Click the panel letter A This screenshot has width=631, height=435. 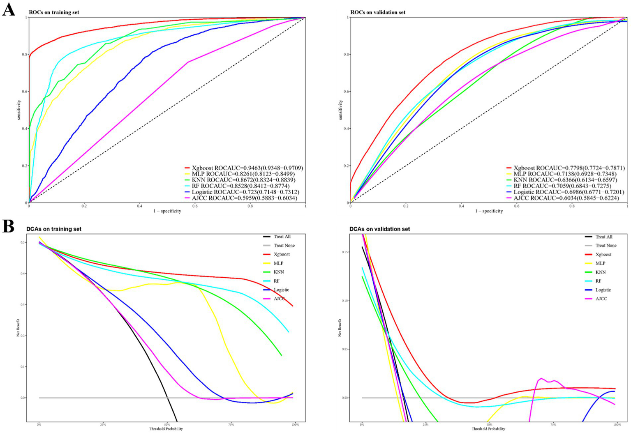pyautogui.click(x=8, y=9)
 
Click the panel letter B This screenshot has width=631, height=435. pyautogui.click(x=8, y=226)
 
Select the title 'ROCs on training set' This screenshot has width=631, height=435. pyautogui.click(x=54, y=12)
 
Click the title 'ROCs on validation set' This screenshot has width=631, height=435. pyautogui.click(x=377, y=12)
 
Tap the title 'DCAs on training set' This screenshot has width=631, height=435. pyautogui.click(x=54, y=229)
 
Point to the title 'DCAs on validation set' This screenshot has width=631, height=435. pyautogui.click(x=379, y=229)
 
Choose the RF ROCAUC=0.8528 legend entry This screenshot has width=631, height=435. pyautogui.click(x=240, y=186)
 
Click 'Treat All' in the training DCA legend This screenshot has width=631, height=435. pyautogui.click(x=282, y=237)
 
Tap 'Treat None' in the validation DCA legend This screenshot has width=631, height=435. pyautogui.click(x=606, y=245)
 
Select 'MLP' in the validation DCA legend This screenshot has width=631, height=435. pyautogui.click(x=601, y=263)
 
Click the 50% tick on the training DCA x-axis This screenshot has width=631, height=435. pyautogui.click(x=167, y=425)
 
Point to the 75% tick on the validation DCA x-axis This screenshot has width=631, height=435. pyautogui.click(x=553, y=425)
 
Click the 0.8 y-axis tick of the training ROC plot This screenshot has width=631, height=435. pyautogui.click(x=25, y=55)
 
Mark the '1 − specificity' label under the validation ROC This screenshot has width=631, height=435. pyautogui.click(x=489, y=211)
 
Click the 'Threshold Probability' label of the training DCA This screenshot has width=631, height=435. pyautogui.click(x=166, y=429)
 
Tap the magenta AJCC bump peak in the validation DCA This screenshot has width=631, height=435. pyautogui.click(x=541, y=378)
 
